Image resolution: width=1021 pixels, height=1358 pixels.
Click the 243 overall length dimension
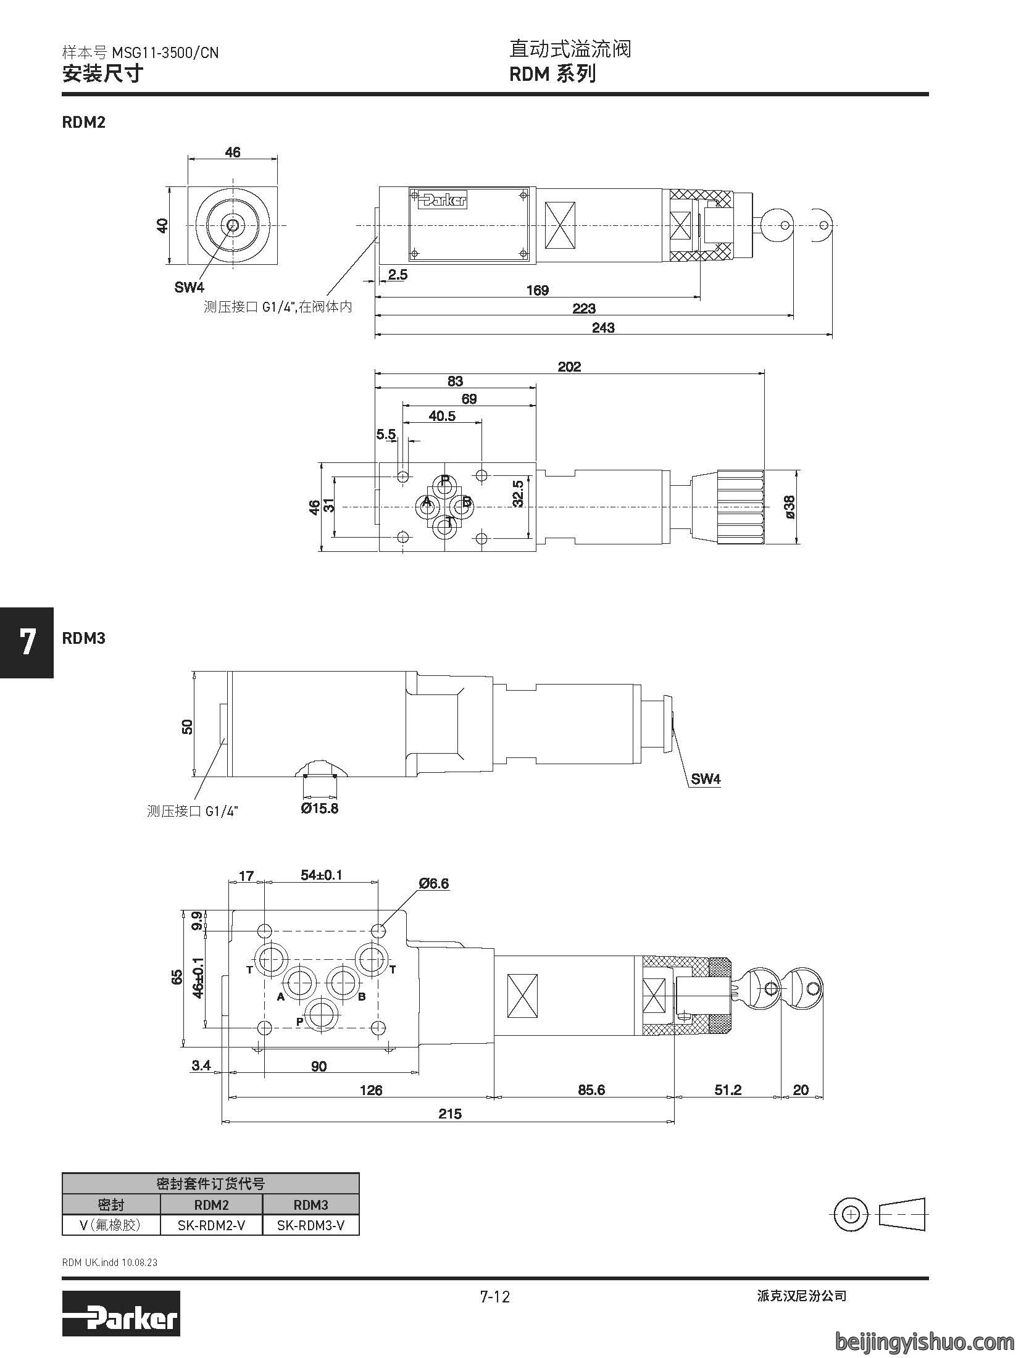tap(602, 328)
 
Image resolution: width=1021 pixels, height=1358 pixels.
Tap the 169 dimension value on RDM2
tap(537, 290)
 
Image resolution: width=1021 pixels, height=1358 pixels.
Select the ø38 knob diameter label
tap(791, 507)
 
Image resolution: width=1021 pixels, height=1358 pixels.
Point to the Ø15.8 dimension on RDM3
tap(320, 808)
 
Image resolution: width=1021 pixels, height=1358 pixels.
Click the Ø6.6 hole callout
tap(434, 884)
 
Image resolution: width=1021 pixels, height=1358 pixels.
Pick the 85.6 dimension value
tap(591, 1089)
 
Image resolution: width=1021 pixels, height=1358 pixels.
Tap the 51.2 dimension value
tap(728, 1089)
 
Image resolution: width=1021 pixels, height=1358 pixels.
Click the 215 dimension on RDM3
tap(450, 1114)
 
